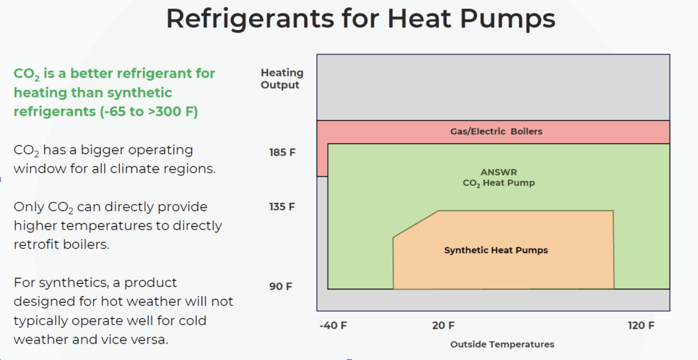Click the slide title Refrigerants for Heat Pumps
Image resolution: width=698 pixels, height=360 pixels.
click(x=361, y=19)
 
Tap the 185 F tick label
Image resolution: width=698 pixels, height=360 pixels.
click(x=282, y=152)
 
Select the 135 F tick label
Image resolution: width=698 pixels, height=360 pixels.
click(x=282, y=206)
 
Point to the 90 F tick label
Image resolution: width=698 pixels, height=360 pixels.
click(x=281, y=286)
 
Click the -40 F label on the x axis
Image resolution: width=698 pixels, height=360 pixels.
click(x=333, y=326)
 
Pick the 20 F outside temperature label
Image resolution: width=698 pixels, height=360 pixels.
click(x=443, y=326)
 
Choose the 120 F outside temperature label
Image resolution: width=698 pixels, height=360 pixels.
click(x=641, y=326)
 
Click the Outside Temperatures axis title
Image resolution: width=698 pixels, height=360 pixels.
click(x=502, y=344)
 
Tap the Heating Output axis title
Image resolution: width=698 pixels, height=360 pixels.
click(x=282, y=79)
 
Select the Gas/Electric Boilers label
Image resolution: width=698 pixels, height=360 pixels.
click(x=496, y=131)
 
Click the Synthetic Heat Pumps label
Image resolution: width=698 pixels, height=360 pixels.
click(x=496, y=250)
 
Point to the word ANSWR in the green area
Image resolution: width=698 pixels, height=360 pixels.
click(x=498, y=172)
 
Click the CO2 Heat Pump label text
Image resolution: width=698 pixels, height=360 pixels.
click(x=498, y=183)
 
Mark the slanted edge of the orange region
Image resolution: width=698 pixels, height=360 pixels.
click(x=416, y=224)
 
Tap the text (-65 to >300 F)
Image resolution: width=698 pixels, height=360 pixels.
click(x=149, y=112)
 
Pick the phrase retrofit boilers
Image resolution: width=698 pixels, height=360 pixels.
click(x=62, y=244)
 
